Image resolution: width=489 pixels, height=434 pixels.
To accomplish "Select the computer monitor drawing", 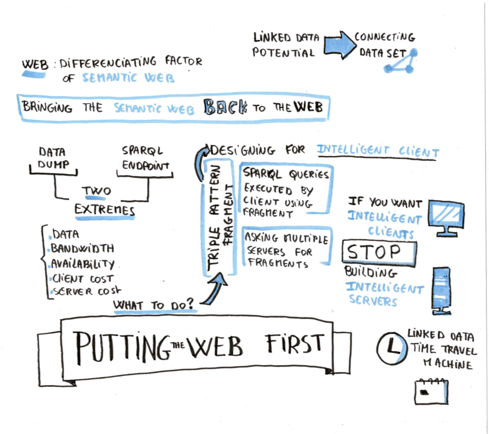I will [x=447, y=216].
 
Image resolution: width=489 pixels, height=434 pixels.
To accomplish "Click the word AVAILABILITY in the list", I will [x=83, y=264].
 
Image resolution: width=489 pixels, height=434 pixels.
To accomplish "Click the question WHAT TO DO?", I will [x=154, y=305].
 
